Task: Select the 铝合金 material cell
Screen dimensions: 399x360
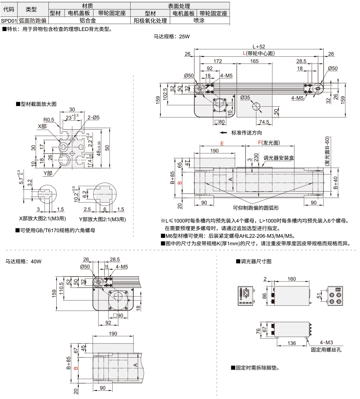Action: coord(90,21)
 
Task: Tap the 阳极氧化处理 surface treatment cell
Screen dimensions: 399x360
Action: coord(150,21)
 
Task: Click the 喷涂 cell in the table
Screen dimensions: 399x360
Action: coord(199,21)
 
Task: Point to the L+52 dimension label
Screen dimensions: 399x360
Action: coord(259,47)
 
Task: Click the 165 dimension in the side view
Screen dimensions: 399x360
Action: coord(255,60)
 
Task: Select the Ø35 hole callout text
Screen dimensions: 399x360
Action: coord(245,98)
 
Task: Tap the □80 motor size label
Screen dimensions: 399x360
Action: coord(219,122)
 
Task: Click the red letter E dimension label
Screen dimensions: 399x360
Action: coord(222,144)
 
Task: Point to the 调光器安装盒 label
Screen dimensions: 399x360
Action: coord(279,158)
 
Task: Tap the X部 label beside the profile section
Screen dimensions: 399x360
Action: coord(42,126)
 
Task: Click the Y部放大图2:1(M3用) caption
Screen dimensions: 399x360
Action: coord(102,219)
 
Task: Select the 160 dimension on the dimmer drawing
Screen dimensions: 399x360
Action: coord(291,279)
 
